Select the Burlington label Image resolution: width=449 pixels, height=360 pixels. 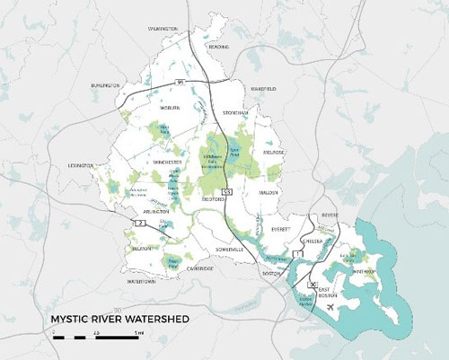[104, 85]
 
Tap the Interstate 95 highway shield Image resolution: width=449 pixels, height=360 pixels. [180, 82]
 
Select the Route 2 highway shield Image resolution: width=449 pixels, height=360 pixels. [139, 221]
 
